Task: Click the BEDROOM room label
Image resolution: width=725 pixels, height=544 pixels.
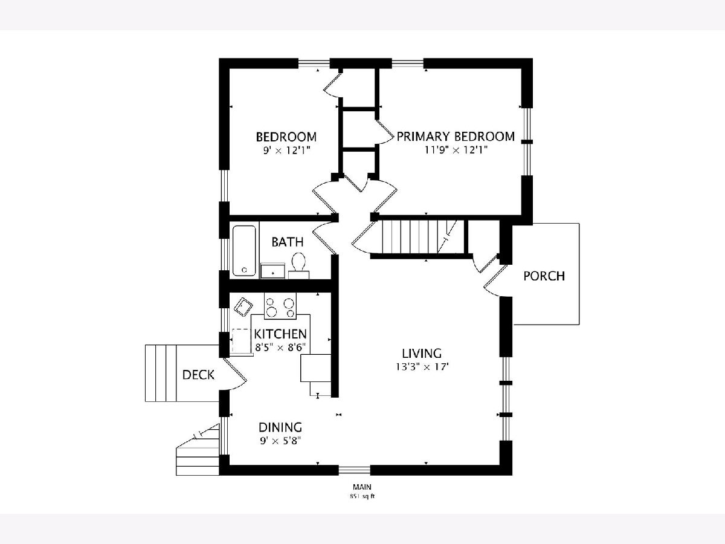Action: (x=286, y=137)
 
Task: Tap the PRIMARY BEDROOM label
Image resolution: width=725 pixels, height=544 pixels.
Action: (x=456, y=137)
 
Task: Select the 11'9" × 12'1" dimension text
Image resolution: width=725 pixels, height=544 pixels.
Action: (x=456, y=151)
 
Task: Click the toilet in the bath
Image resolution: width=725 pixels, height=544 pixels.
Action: (x=298, y=265)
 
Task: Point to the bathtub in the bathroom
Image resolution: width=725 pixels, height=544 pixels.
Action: (x=245, y=250)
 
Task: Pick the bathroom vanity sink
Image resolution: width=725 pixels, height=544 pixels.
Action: (x=273, y=271)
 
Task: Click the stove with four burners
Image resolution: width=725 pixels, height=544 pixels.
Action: (x=280, y=306)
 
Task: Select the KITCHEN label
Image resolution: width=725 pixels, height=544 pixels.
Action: (x=280, y=334)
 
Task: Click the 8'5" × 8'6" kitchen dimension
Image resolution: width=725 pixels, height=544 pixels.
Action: (x=280, y=348)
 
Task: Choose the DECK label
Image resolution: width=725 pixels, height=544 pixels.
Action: (x=198, y=375)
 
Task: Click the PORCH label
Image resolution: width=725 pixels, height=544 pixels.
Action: (x=544, y=276)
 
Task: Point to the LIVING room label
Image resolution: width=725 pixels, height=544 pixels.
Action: (x=422, y=354)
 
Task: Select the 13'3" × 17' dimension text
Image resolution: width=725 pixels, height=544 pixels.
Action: (x=422, y=367)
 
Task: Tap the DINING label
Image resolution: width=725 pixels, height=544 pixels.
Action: (x=280, y=427)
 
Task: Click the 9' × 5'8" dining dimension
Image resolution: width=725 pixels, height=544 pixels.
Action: (x=280, y=441)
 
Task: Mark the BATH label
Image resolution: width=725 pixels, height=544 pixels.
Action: (x=288, y=242)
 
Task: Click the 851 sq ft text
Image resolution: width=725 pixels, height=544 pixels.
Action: (x=362, y=496)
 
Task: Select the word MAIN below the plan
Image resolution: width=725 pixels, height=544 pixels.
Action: (x=362, y=487)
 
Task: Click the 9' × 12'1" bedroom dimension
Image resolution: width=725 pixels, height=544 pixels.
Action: (x=286, y=151)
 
